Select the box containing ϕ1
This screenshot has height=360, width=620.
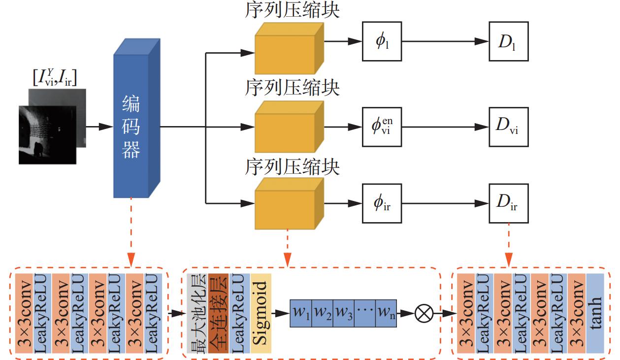pos(382,41)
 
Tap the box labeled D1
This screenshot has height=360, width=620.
pos(508,41)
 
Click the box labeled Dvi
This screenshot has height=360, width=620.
pos(508,127)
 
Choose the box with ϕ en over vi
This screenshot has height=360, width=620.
pos(382,127)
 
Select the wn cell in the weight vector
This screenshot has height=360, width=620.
pos(387,313)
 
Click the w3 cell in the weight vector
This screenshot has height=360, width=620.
pos(344,313)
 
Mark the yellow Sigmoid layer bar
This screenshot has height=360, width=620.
pos(261,313)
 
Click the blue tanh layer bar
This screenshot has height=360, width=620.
pos(595,313)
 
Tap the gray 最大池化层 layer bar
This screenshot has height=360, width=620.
pos(197,313)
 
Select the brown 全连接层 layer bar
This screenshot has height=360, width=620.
pos(217,313)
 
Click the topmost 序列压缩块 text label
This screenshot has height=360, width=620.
pos(292,11)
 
